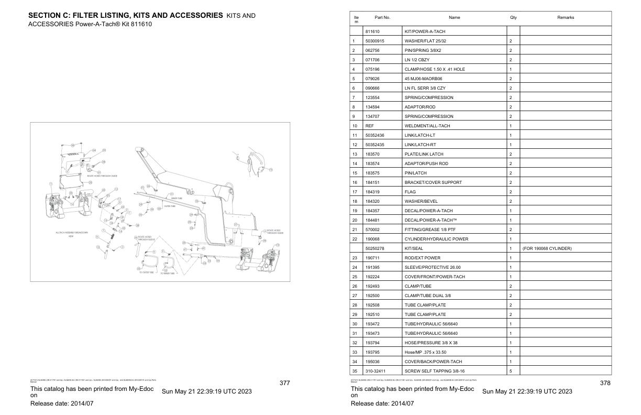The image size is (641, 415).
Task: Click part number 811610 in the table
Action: click(x=372, y=31)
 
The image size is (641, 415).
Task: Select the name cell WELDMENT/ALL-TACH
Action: click(x=427, y=126)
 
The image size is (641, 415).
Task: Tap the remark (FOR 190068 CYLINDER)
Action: click(x=547, y=248)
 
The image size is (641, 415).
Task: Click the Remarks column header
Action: click(x=566, y=17)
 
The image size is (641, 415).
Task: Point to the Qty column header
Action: click(x=513, y=17)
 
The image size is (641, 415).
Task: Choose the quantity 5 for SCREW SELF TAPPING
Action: click(x=511, y=371)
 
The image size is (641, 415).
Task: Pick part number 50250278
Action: click(x=375, y=248)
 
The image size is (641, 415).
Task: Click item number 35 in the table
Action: click(x=355, y=371)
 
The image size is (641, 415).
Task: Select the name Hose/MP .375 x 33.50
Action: click(x=425, y=352)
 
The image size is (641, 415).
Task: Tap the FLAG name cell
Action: click(x=410, y=192)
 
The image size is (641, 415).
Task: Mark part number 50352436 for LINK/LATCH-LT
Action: click(x=375, y=135)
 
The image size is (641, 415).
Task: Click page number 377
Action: click(x=284, y=383)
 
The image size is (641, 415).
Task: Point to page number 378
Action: click(x=605, y=383)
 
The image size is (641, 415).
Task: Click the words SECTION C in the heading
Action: click(x=48, y=16)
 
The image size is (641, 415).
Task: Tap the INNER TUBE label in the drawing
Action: click(x=176, y=198)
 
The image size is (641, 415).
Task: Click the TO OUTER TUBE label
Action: click(x=147, y=273)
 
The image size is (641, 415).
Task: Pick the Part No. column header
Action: click(x=382, y=17)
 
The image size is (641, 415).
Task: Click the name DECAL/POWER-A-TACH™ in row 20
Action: click(x=429, y=220)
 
